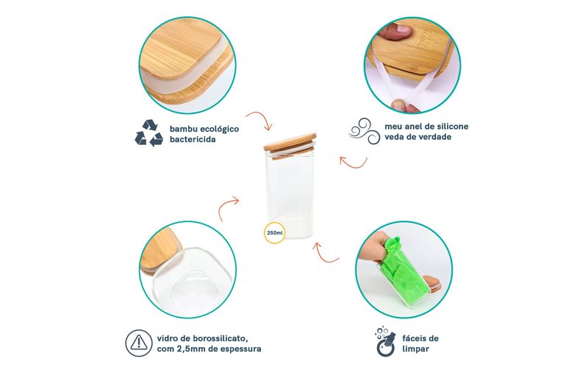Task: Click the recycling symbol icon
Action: point(149,133)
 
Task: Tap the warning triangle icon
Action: point(139,343)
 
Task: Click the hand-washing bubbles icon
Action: point(385,341)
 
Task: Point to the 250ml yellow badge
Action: point(275,232)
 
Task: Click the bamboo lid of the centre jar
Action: point(290,146)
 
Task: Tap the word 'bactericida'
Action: point(193,139)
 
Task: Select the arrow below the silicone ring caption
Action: point(355,165)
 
